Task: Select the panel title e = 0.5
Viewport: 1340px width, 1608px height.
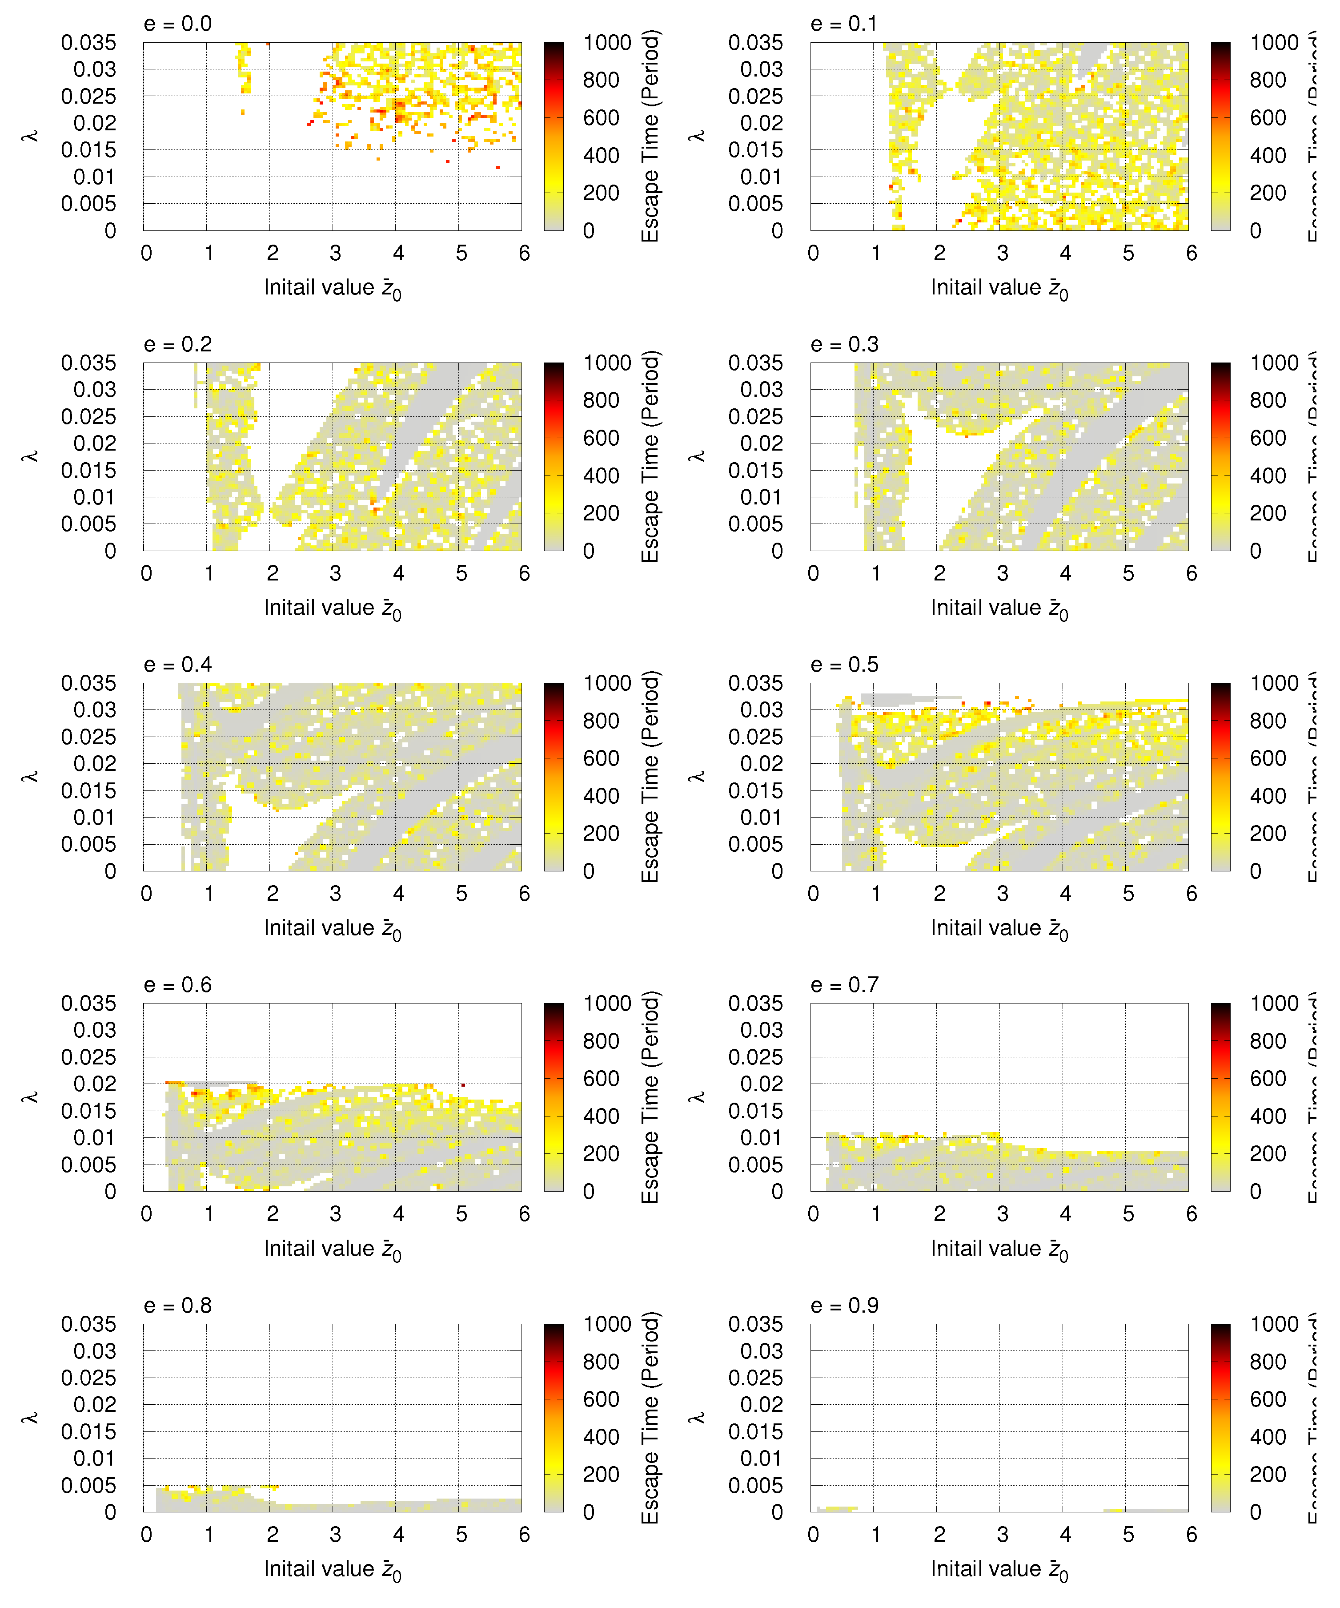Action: [844, 665]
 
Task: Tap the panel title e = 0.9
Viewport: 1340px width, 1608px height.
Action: [844, 1306]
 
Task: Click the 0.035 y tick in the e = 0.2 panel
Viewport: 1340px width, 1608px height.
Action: [89, 363]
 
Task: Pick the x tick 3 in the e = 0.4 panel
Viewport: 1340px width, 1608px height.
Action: [335, 894]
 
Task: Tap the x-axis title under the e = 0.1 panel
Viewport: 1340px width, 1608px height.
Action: [999, 289]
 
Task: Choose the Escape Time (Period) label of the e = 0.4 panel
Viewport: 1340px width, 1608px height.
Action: [650, 777]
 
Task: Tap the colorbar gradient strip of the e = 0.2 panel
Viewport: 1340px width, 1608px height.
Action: [554, 456]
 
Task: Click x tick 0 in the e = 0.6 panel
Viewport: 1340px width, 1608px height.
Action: [147, 1214]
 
